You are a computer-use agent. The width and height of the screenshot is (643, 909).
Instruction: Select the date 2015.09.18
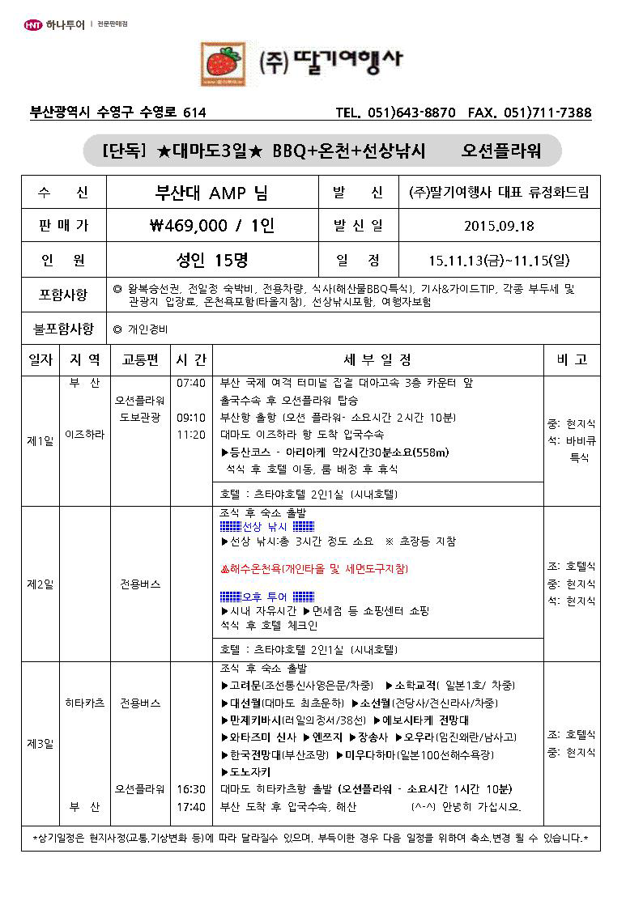tap(500, 226)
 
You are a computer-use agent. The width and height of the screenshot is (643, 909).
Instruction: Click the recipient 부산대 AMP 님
tap(212, 193)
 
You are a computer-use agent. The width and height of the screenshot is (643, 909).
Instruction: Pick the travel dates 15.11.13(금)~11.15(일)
tap(500, 260)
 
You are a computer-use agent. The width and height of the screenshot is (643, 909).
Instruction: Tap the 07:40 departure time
tap(190, 383)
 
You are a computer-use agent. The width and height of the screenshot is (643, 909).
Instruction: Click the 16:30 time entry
tap(190, 788)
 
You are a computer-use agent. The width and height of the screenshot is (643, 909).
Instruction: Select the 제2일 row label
tap(40, 584)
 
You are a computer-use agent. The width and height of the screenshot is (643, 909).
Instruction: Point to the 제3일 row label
tap(40, 744)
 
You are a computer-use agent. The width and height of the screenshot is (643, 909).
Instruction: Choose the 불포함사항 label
tap(64, 329)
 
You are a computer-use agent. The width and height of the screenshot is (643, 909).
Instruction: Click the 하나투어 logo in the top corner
tap(55, 24)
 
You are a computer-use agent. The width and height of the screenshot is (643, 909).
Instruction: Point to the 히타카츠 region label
tap(85, 703)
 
